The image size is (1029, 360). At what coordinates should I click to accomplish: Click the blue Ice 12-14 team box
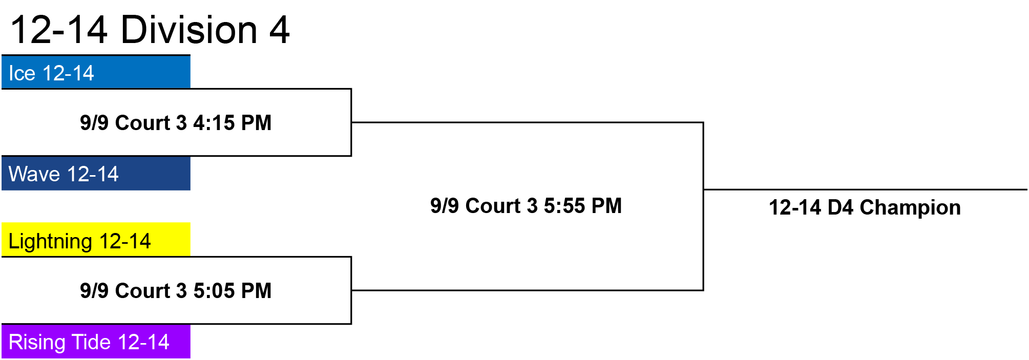click(x=96, y=72)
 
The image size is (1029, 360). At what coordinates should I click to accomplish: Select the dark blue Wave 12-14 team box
click(x=96, y=174)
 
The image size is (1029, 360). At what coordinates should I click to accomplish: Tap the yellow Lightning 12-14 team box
click(x=96, y=240)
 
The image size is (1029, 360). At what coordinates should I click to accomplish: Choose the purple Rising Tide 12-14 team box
click(x=96, y=342)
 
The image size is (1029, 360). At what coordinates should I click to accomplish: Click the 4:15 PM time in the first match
click(x=232, y=123)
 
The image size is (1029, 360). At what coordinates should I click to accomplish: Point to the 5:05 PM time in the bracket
click(x=232, y=291)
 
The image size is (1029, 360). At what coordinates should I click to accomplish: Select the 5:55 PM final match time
click(x=582, y=206)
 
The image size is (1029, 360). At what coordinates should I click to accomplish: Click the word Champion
click(x=910, y=207)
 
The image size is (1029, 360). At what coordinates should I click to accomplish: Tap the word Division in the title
click(x=189, y=30)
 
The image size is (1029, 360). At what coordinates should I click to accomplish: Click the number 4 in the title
click(x=280, y=30)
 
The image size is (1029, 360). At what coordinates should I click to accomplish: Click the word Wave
click(x=34, y=174)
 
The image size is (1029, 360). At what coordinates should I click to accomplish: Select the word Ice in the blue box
click(x=22, y=73)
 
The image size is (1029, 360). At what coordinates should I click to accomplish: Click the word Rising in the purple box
click(x=38, y=343)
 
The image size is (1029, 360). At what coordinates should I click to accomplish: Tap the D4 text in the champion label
click(x=841, y=207)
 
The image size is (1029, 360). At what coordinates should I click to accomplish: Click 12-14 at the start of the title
click(x=59, y=30)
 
